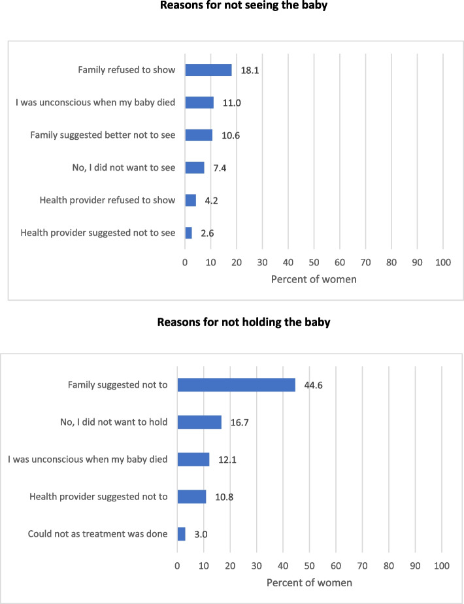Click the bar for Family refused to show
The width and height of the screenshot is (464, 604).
pyautogui.click(x=208, y=70)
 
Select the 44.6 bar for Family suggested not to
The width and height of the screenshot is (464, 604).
pyautogui.click(x=237, y=385)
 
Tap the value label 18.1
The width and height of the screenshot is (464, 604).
pyautogui.click(x=250, y=71)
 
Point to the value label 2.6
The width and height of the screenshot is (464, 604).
pyautogui.click(x=207, y=233)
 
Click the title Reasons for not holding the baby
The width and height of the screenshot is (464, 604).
pyautogui.click(x=244, y=322)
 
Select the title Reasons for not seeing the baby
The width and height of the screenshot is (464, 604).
pyautogui.click(x=244, y=5)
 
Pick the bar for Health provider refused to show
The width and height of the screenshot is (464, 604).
pyautogui.click(x=191, y=200)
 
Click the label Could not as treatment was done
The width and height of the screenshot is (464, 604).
pyautogui.click(x=98, y=534)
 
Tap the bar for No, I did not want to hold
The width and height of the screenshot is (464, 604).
pyautogui.click(x=199, y=422)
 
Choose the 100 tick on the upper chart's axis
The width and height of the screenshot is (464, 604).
pyautogui.click(x=443, y=262)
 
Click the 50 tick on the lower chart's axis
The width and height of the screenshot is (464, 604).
pyautogui.click(x=309, y=566)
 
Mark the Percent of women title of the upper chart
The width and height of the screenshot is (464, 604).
pyautogui.click(x=314, y=279)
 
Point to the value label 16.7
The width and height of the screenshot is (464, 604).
pyautogui.click(x=239, y=422)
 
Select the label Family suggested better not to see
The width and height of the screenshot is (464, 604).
pyautogui.click(x=103, y=135)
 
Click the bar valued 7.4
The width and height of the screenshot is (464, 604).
pyautogui.click(x=195, y=168)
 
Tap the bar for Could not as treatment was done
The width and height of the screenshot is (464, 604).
pyautogui.click(x=182, y=534)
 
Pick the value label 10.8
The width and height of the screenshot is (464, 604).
pyautogui.click(x=224, y=497)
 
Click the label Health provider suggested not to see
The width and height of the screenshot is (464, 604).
pyautogui.click(x=98, y=233)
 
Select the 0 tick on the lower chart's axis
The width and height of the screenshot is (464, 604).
pyautogui.click(x=177, y=566)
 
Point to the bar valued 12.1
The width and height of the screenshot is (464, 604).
pyautogui.click(x=193, y=460)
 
